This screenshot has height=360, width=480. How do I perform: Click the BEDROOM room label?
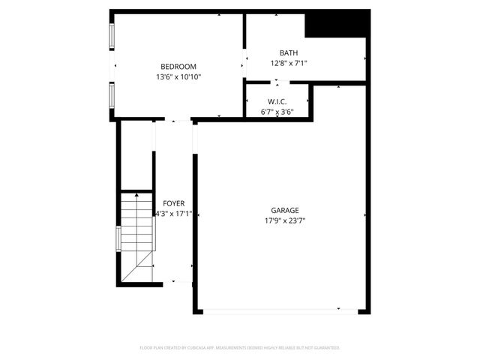pyautogui.click(x=178, y=67)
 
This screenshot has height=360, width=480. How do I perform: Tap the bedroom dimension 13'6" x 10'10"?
pyautogui.click(x=178, y=76)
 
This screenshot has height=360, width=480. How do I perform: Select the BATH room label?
pyautogui.click(x=289, y=52)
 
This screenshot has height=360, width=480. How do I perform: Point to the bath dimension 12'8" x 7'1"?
pyautogui.click(x=289, y=63)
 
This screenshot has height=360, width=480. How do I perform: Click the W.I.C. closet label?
pyautogui.click(x=277, y=101)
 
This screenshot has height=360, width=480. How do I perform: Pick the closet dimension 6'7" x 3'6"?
pyautogui.click(x=277, y=112)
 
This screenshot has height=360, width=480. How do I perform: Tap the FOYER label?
pyautogui.click(x=173, y=203)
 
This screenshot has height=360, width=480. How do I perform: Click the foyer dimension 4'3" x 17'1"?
pyautogui.click(x=173, y=213)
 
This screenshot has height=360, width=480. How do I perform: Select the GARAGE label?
pyautogui.click(x=285, y=211)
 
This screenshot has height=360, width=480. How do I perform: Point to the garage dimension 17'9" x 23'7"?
pyautogui.click(x=285, y=220)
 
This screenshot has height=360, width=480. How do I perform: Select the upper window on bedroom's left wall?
pyautogui.click(x=112, y=36)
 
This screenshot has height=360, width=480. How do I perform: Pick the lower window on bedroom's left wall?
pyautogui.click(x=112, y=95)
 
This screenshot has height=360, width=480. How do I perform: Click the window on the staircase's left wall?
pyautogui.click(x=118, y=239)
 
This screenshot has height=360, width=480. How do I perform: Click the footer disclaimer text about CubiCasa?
pyautogui.click(x=240, y=348)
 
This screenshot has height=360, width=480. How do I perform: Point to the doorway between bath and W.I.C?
pyautogui.click(x=277, y=82)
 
